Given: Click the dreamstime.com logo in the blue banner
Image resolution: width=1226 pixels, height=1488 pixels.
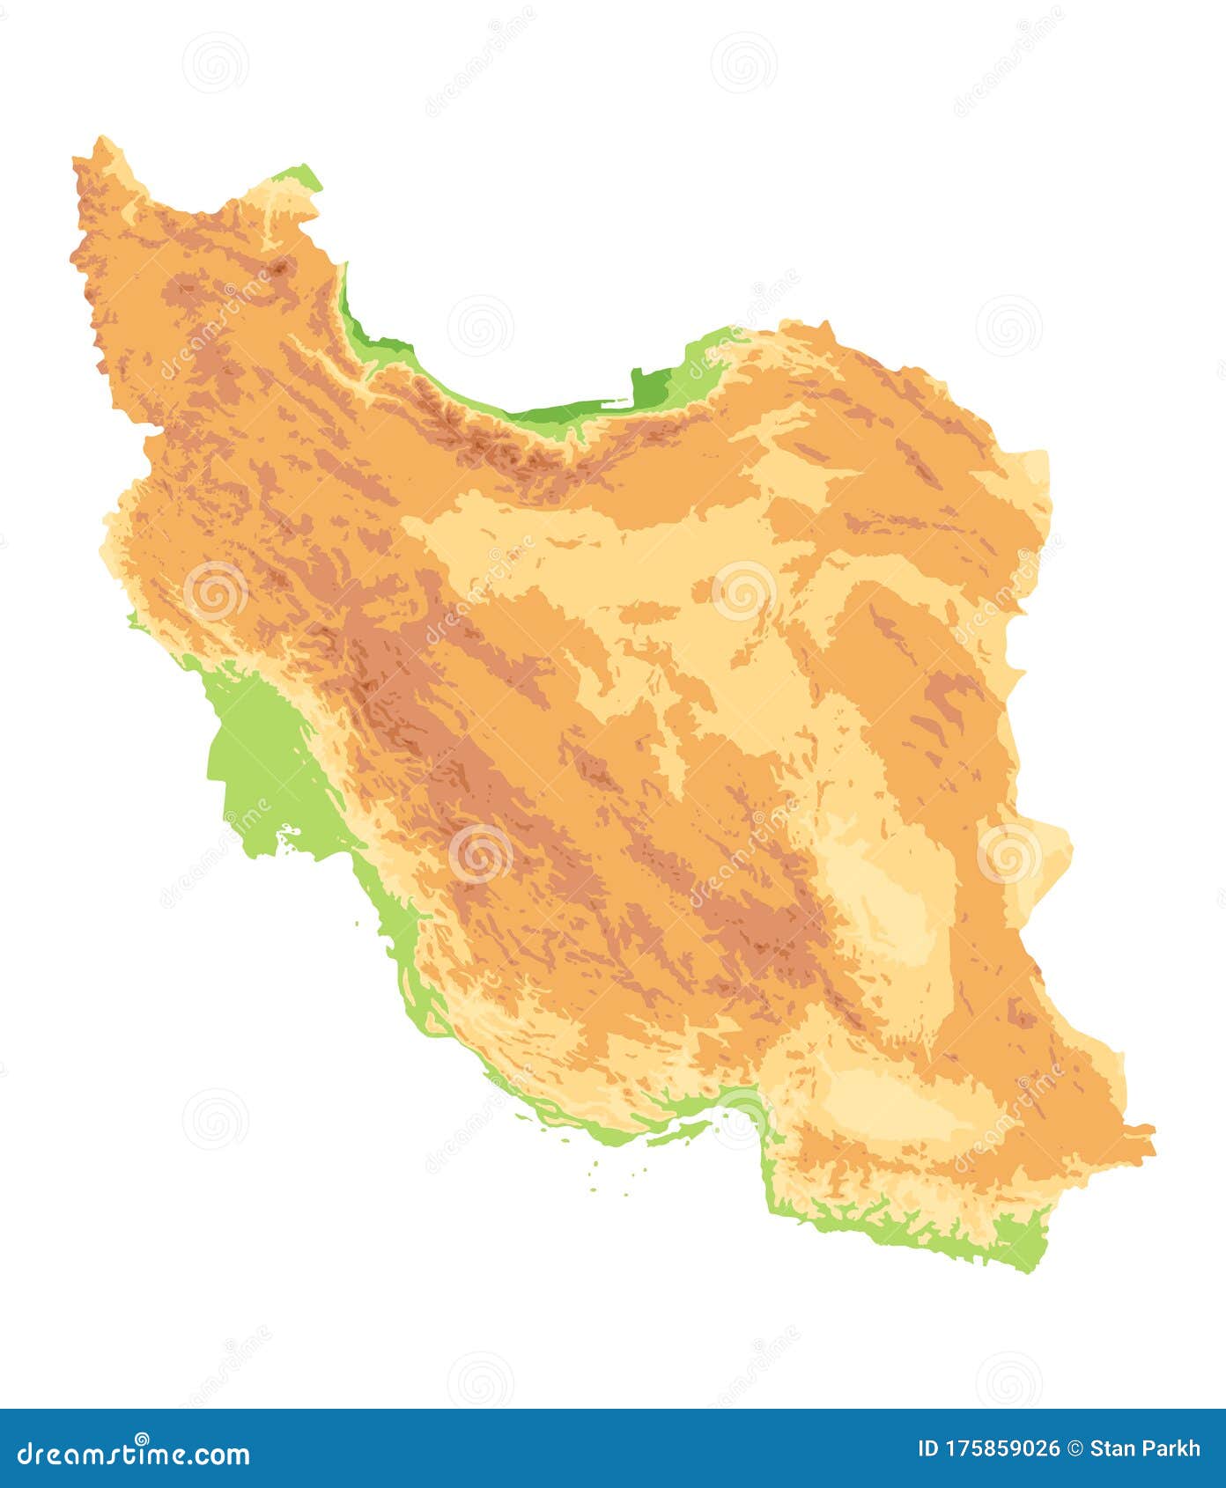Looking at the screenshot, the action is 134,1453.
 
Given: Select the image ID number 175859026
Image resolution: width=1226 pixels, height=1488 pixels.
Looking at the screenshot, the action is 1001,1449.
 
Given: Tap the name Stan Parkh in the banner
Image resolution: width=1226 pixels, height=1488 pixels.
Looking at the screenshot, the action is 1145,1449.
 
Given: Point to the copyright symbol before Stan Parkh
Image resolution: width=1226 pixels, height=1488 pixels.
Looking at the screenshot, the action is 1075,1449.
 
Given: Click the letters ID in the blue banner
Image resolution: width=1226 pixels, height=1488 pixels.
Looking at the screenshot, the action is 927,1449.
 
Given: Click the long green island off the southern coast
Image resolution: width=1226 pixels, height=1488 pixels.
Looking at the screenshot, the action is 674,1133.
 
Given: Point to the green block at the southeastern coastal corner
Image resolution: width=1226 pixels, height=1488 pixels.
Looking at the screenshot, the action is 1026,1241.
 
